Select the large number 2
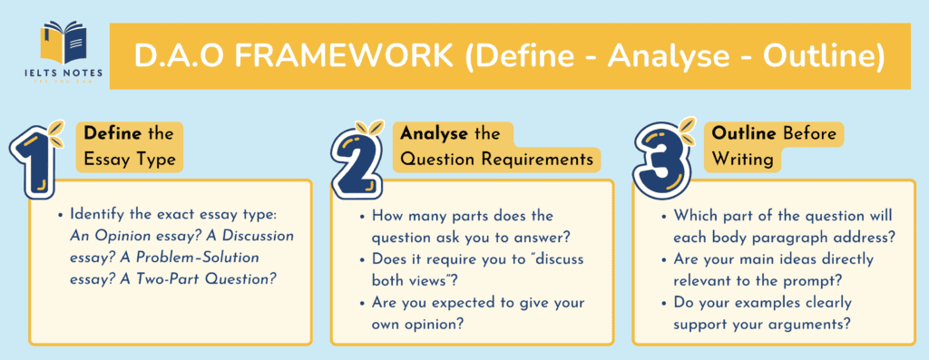coord(359,156)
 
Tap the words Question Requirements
coord(498,161)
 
